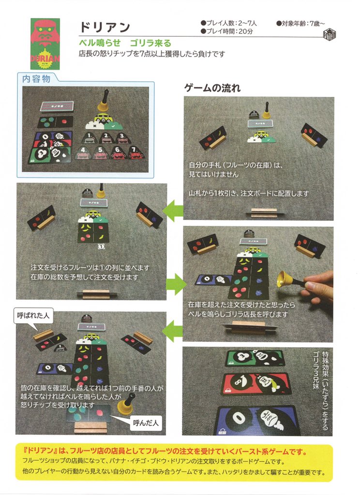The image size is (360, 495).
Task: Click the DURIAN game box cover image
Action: pyautogui.click(x=45, y=44)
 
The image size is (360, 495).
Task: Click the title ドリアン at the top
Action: pyautogui.click(x=105, y=27)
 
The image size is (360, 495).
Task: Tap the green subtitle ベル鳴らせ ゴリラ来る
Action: pyautogui.click(x=125, y=43)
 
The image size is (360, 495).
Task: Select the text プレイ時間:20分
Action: pyautogui.click(x=226, y=31)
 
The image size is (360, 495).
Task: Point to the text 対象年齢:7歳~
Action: pyautogui.click(x=300, y=23)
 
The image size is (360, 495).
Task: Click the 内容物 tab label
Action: pyautogui.click(x=36, y=79)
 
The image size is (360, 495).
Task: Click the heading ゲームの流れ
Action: pyautogui.click(x=212, y=88)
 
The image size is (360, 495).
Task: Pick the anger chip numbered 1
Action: pyautogui.click(x=89, y=138)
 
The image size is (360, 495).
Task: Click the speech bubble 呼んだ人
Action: pyautogui.click(x=145, y=422)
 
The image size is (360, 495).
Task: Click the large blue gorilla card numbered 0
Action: pyautogui.click(x=257, y=420)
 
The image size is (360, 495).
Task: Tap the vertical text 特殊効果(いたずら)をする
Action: pyautogui.click(x=325, y=391)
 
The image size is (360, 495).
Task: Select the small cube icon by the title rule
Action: pyautogui.click(x=330, y=34)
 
